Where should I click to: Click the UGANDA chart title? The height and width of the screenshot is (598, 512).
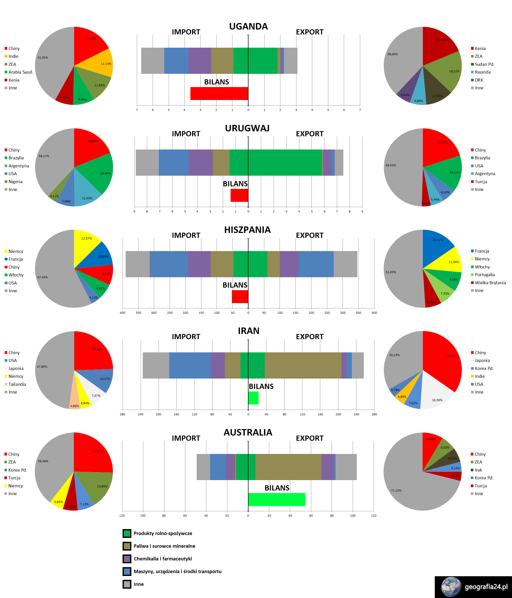pos(248,26)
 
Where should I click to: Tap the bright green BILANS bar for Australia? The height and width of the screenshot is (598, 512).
pos(276,499)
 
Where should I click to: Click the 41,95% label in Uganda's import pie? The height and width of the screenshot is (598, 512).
pos(43,58)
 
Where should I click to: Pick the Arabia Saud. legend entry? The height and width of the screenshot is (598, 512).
pos(20,72)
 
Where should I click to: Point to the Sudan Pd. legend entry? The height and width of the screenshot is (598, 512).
pos(484,64)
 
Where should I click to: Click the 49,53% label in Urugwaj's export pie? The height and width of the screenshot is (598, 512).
pos(391,165)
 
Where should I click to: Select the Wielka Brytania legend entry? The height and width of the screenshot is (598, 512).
pos(490,283)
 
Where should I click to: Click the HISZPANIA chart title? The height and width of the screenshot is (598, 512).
pos(247,230)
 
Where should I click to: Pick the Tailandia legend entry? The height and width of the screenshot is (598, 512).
pos(17,384)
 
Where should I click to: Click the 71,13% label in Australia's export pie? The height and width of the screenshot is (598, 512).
pos(396,490)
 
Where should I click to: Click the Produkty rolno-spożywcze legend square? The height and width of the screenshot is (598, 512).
pos(127,533)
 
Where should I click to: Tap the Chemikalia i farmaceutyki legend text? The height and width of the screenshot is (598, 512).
pos(163,559)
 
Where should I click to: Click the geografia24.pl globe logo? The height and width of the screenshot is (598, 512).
pos(451,587)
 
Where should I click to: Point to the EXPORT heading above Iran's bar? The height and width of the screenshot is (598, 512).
pos(309,337)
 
